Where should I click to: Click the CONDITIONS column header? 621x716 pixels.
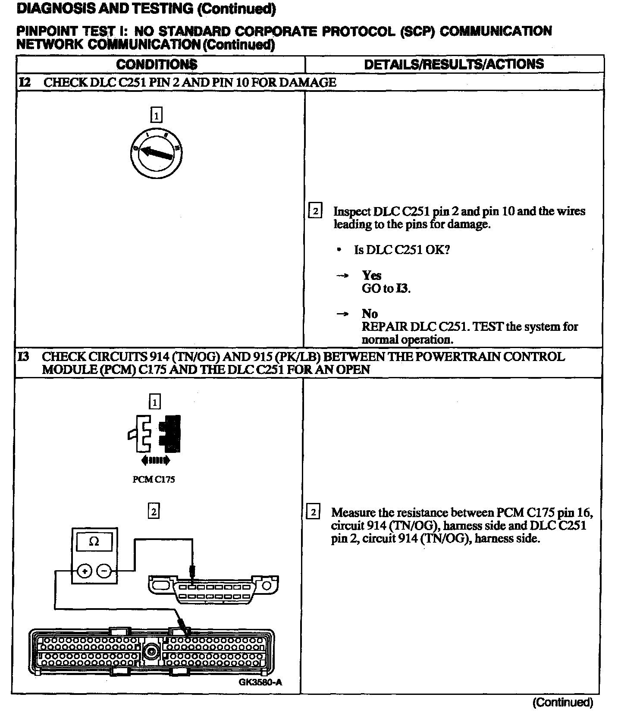click(x=157, y=64)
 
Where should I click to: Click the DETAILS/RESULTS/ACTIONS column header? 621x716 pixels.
click(x=454, y=64)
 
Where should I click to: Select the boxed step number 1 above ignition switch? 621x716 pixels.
click(x=156, y=115)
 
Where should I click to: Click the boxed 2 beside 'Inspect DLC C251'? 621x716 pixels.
click(x=315, y=211)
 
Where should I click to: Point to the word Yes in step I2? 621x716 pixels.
click(x=371, y=275)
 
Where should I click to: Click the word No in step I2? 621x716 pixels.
click(x=370, y=314)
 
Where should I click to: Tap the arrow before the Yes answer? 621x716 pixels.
click(x=342, y=276)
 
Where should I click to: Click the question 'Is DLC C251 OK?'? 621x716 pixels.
click(x=402, y=250)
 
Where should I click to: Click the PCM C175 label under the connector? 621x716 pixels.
click(x=154, y=479)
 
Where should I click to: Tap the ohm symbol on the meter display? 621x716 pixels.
click(x=94, y=542)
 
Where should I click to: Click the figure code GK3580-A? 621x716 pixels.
click(x=260, y=682)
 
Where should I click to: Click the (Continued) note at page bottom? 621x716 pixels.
click(x=563, y=702)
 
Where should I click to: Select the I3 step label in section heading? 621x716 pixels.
click(x=24, y=357)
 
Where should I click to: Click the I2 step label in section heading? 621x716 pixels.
click(x=25, y=82)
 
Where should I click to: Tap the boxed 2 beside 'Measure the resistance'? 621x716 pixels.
click(x=313, y=512)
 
